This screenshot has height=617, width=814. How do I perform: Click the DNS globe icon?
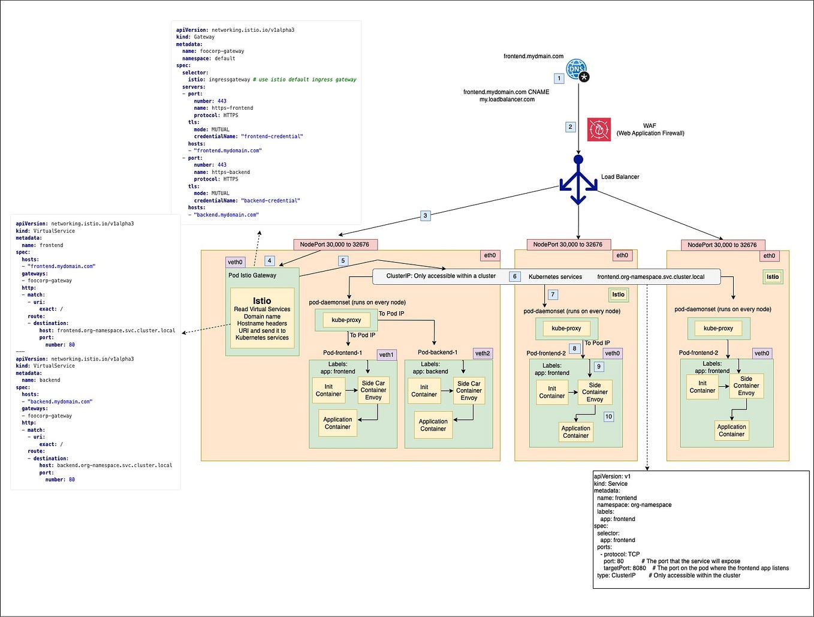pos(577,68)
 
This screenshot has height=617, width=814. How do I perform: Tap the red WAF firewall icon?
pos(599,130)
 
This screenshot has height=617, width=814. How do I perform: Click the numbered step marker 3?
pos(425,216)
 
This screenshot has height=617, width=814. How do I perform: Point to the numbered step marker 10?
pos(608,417)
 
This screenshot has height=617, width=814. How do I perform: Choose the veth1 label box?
pos(387,355)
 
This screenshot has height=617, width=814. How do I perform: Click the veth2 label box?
pos(483,353)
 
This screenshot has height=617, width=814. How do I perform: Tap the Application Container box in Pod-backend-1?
pos(433,425)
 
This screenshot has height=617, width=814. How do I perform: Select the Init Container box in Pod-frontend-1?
pos(328,390)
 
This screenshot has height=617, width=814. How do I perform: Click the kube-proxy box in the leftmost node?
pos(346,320)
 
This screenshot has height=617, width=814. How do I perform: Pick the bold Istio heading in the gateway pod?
pos(262,301)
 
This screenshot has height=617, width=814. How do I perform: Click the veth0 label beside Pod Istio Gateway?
pos(236,262)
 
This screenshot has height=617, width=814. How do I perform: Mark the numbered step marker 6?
pos(514,276)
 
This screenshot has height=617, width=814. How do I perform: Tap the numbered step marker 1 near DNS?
pos(559,79)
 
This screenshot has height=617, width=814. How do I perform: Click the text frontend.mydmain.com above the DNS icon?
pos(533,56)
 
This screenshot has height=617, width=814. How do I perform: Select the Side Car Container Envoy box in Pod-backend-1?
pos(469,390)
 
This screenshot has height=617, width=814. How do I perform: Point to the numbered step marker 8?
pos(574,348)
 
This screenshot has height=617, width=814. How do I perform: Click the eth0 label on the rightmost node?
pos(769,255)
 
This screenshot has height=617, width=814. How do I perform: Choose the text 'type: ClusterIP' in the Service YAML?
pos(616,576)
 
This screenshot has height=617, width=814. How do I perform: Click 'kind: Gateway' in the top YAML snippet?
pos(195,37)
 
